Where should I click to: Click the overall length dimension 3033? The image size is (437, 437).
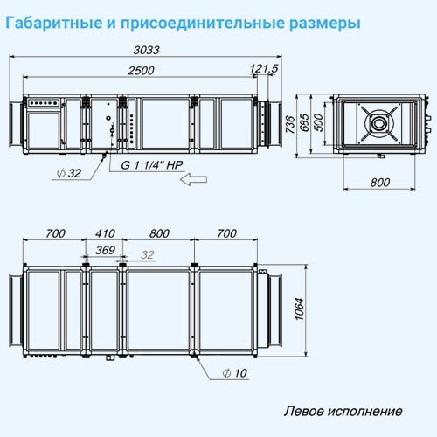(147, 50)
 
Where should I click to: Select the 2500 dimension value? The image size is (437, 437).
(141, 71)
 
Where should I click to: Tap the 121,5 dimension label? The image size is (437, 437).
(264, 69)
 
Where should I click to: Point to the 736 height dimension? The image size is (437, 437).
(290, 124)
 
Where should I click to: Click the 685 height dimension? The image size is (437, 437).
(304, 122)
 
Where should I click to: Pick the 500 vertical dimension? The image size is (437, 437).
(319, 122)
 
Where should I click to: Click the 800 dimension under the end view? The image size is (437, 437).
(380, 183)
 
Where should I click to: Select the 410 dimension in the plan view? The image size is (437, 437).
(105, 233)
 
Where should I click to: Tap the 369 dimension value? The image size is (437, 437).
(105, 250)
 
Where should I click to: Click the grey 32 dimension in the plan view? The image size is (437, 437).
(147, 255)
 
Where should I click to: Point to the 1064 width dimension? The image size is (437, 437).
(299, 309)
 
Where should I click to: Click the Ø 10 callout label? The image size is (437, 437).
(235, 373)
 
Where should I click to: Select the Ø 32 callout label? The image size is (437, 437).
(69, 173)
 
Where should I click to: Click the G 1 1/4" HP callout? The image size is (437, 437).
(152, 165)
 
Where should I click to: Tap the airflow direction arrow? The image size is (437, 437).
(193, 179)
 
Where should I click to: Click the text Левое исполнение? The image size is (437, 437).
(343, 411)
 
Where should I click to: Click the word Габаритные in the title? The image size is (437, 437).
(54, 23)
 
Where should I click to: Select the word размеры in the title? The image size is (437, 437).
(325, 24)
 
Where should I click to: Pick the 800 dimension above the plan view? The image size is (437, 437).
(159, 233)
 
